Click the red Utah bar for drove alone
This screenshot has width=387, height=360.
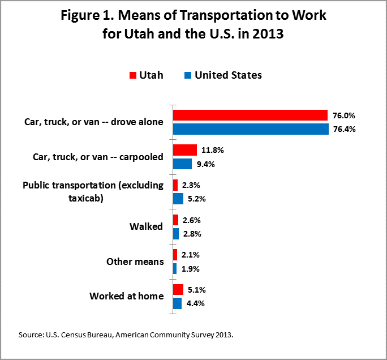click(x=250, y=115)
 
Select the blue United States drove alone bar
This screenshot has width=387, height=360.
click(x=251, y=129)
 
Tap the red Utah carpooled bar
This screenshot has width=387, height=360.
click(x=185, y=150)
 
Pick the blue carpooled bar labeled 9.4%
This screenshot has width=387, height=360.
click(x=182, y=164)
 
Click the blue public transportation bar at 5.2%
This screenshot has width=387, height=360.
click(x=178, y=199)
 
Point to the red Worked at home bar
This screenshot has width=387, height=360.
click(x=178, y=290)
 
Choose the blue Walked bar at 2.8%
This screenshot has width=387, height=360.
click(x=176, y=234)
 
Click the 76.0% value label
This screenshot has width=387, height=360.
click(x=344, y=115)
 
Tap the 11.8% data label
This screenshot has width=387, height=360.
click(x=213, y=150)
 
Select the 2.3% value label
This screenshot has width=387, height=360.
click(x=191, y=185)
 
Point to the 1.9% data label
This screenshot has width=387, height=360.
click(x=191, y=269)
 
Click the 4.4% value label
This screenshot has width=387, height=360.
click(x=195, y=303)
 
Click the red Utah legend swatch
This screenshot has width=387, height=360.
click(x=133, y=75)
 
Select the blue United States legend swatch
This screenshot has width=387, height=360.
click(x=188, y=75)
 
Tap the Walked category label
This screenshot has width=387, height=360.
click(x=146, y=226)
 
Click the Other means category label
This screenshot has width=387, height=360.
click(x=135, y=262)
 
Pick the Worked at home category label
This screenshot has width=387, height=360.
click(x=127, y=296)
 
